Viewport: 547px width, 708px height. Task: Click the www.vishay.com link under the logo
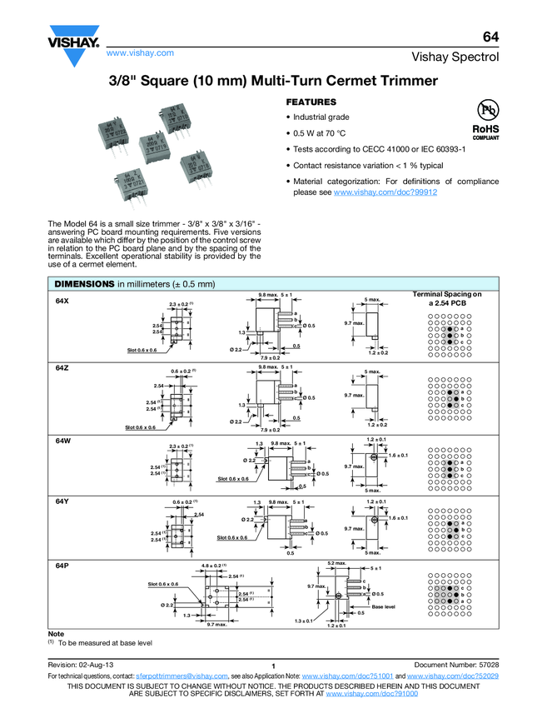pyautogui.click(x=140, y=52)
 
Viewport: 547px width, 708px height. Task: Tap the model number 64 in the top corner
pyautogui.click(x=490, y=37)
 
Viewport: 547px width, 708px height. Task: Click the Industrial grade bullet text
pyautogui.click(x=321, y=117)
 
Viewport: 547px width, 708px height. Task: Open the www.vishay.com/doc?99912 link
pyautogui.click(x=385, y=192)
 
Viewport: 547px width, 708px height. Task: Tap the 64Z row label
pyautogui.click(x=62, y=367)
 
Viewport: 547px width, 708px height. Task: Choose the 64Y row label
pyautogui.click(x=62, y=501)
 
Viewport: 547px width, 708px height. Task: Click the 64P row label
pyautogui.click(x=62, y=565)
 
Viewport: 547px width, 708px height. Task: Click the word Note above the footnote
pyautogui.click(x=57, y=634)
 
